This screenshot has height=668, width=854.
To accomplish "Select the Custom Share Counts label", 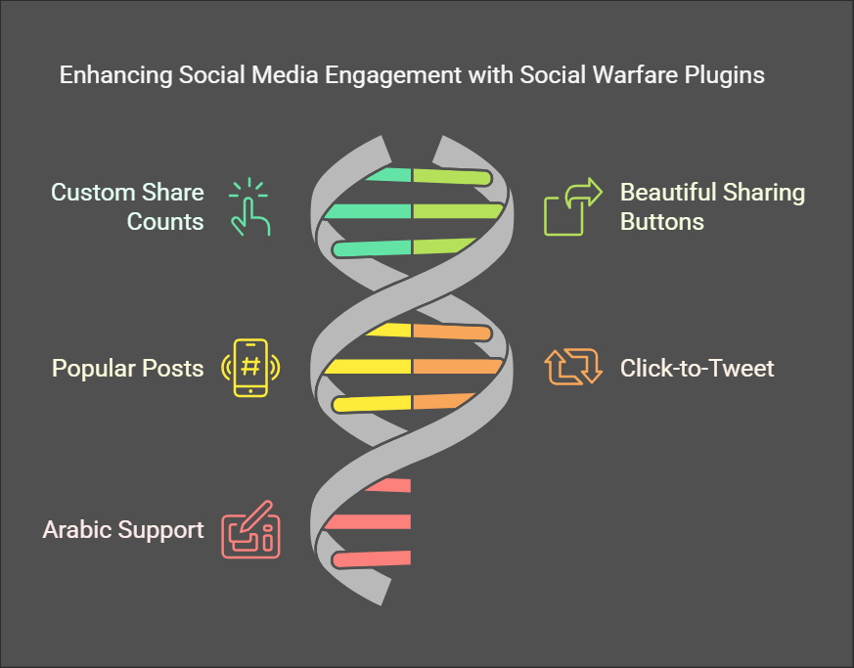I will point(127,206).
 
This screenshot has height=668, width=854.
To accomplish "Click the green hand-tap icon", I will point(250,206).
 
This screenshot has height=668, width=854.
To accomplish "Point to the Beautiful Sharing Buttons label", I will point(712,206).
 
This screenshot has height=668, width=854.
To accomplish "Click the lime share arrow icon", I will point(572,206).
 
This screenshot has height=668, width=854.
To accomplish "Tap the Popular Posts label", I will point(127,368).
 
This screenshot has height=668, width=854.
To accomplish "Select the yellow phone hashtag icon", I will point(250,368).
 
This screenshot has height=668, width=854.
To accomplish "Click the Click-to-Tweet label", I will point(697,368).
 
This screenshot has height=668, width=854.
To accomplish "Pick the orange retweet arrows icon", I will point(572,368).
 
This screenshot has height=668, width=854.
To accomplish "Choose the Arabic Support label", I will point(123,529).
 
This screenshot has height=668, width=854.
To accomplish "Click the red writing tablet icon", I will point(250,529).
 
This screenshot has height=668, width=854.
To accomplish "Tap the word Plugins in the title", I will point(727,75).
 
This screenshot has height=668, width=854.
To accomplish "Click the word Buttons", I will point(661,221).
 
